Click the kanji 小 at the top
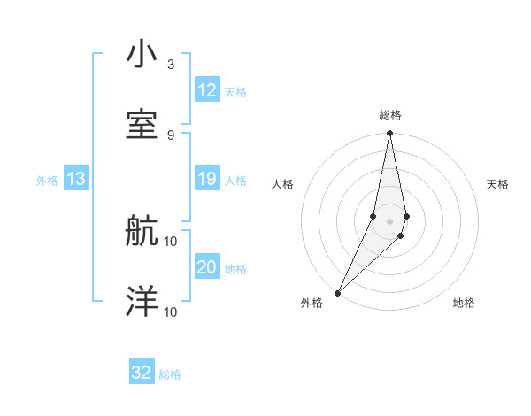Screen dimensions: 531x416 point(142,55)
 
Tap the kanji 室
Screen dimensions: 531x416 point(142,123)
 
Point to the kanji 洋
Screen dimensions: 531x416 point(142,301)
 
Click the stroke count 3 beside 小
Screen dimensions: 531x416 point(171,65)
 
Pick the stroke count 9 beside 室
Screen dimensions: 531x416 point(171,135)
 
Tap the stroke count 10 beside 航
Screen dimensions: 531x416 point(171,241)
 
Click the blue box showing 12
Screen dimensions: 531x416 point(207,90)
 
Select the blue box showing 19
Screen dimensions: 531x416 point(207,180)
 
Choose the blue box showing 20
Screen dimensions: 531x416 point(207,268)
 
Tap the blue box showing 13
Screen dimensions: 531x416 point(76,180)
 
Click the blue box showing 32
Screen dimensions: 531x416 point(142,373)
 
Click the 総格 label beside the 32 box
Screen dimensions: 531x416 point(171,374)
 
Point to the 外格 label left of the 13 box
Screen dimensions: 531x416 point(47,181)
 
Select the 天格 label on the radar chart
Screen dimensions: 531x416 point(498,184)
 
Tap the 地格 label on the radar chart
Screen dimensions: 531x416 point(464,303)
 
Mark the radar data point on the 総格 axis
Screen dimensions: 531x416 point(389,134)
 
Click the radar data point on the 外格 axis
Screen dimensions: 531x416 point(337,292)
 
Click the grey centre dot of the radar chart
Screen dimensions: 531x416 point(389,221)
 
